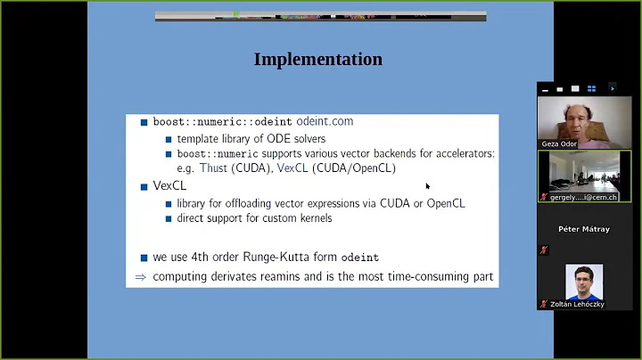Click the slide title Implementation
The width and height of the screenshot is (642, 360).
point(318,60)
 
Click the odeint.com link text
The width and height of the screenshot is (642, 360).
point(325,122)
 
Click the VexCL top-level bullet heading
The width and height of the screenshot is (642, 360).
point(169,186)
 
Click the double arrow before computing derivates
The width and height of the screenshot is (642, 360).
point(140,277)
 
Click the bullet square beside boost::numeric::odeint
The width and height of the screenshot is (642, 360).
point(144,122)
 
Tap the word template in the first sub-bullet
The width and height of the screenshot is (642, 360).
point(199,139)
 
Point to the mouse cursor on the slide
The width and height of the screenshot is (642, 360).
point(427,185)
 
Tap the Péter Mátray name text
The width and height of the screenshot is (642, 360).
point(584,229)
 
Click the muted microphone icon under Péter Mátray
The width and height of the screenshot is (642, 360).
point(543,250)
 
